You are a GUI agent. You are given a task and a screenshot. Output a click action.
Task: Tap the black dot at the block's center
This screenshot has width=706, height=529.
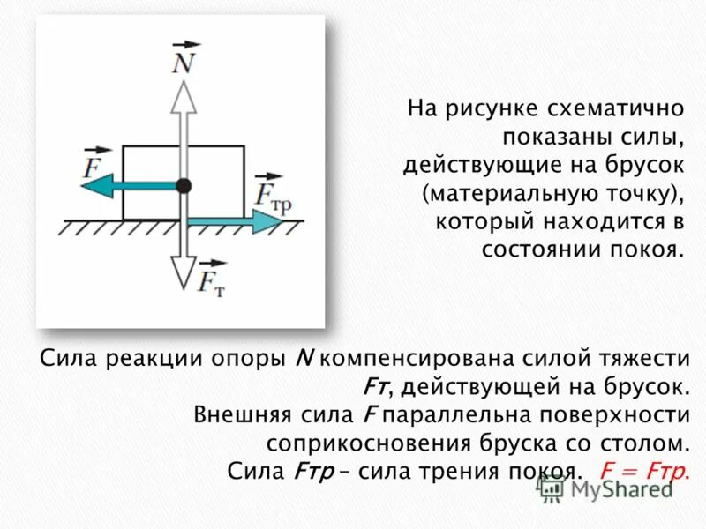coord(184,185)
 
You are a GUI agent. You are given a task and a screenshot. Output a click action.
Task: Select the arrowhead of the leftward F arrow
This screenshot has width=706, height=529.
coord(100,185)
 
